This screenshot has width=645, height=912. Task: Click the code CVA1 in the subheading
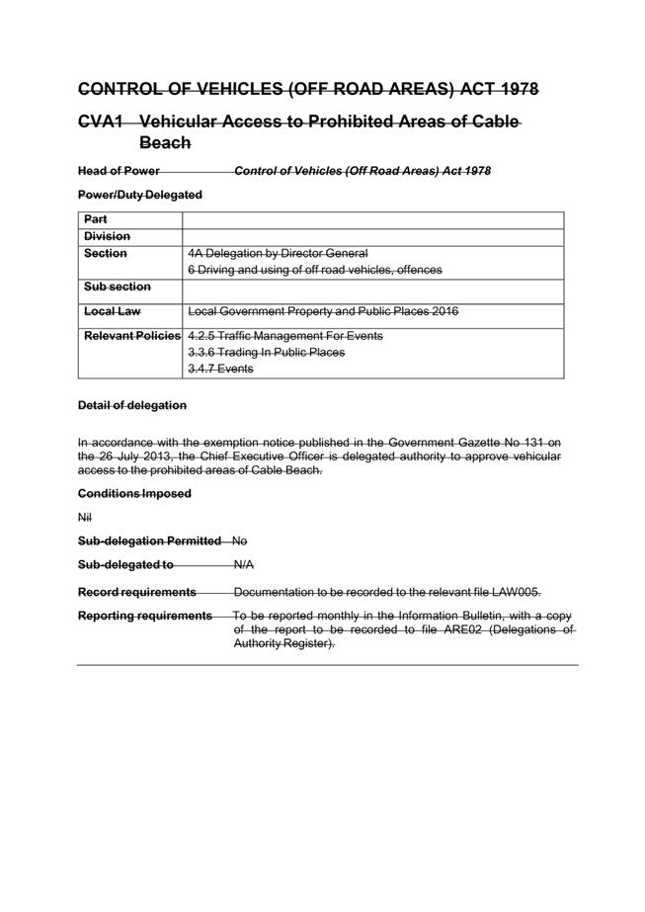[102, 122]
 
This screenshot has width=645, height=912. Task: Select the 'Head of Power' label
[119, 171]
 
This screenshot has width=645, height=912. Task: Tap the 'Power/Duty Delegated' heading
[139, 195]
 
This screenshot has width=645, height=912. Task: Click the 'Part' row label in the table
[96, 219]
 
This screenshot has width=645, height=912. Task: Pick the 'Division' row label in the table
[107, 237]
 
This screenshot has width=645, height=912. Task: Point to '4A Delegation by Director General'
[277, 254]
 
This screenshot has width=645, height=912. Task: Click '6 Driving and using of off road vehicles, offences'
[314, 270]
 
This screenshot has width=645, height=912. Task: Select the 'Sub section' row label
[118, 287]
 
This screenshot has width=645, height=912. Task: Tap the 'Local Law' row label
[113, 312]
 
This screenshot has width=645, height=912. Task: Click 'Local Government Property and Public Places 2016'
[323, 312]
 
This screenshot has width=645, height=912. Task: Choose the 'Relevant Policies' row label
[132, 336]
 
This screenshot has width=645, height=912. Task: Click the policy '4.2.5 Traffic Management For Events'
[284, 336]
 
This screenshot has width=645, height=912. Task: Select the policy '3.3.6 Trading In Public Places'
[266, 353]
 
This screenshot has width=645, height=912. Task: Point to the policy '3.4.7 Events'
[220, 369]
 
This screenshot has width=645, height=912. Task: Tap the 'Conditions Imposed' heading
[134, 493]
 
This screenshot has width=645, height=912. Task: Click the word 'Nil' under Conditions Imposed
[84, 517]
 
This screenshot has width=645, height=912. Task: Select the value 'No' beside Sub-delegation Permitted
[240, 541]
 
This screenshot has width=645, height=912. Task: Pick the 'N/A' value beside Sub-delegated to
[243, 566]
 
